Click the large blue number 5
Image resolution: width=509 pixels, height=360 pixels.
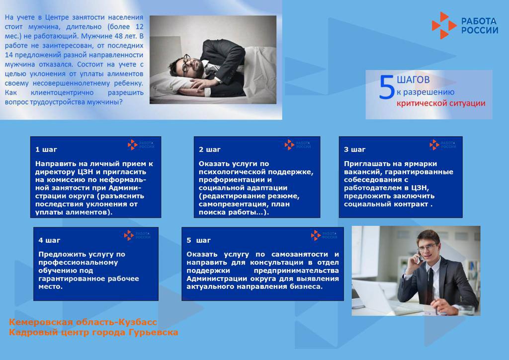[x=386, y=87]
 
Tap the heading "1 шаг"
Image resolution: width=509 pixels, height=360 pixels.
[x=46, y=150]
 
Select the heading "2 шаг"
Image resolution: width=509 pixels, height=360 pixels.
[x=209, y=150]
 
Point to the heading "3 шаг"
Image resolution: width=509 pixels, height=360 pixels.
[x=354, y=150]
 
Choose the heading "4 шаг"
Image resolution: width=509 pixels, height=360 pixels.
[x=49, y=240]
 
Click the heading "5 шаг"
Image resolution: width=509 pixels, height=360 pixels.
[x=198, y=240]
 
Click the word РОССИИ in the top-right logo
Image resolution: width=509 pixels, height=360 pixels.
[x=480, y=30]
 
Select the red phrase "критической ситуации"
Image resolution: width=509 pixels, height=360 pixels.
[x=441, y=103]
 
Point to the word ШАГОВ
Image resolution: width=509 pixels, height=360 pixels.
[x=413, y=80]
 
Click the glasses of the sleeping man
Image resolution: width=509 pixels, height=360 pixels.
[x=186, y=64]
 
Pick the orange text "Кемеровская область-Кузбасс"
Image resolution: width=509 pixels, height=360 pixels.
[x=83, y=322]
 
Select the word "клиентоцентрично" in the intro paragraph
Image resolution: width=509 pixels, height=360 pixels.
[x=62, y=92]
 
